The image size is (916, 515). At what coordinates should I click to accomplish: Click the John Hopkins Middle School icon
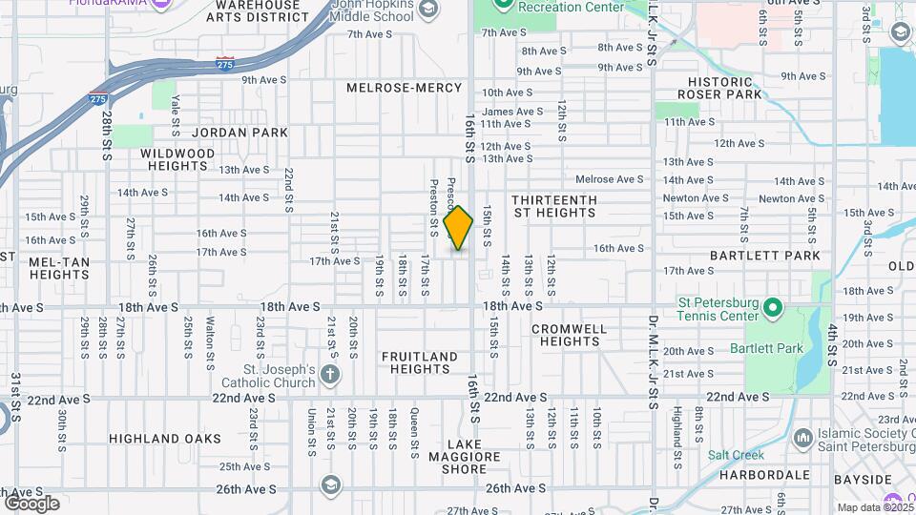427,10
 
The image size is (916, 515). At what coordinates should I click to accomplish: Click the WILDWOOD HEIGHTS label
177,159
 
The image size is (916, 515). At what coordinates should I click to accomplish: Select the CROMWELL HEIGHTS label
569,335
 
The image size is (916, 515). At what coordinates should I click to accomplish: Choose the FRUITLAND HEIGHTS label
420,362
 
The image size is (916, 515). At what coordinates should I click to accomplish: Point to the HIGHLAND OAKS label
165,439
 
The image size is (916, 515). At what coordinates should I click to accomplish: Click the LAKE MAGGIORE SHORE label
472,457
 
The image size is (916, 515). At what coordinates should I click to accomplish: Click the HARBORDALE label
766,474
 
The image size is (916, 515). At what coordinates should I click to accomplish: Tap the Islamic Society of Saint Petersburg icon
803,438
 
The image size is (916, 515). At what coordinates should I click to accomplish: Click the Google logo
31,503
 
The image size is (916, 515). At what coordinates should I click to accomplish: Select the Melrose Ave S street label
610,179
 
